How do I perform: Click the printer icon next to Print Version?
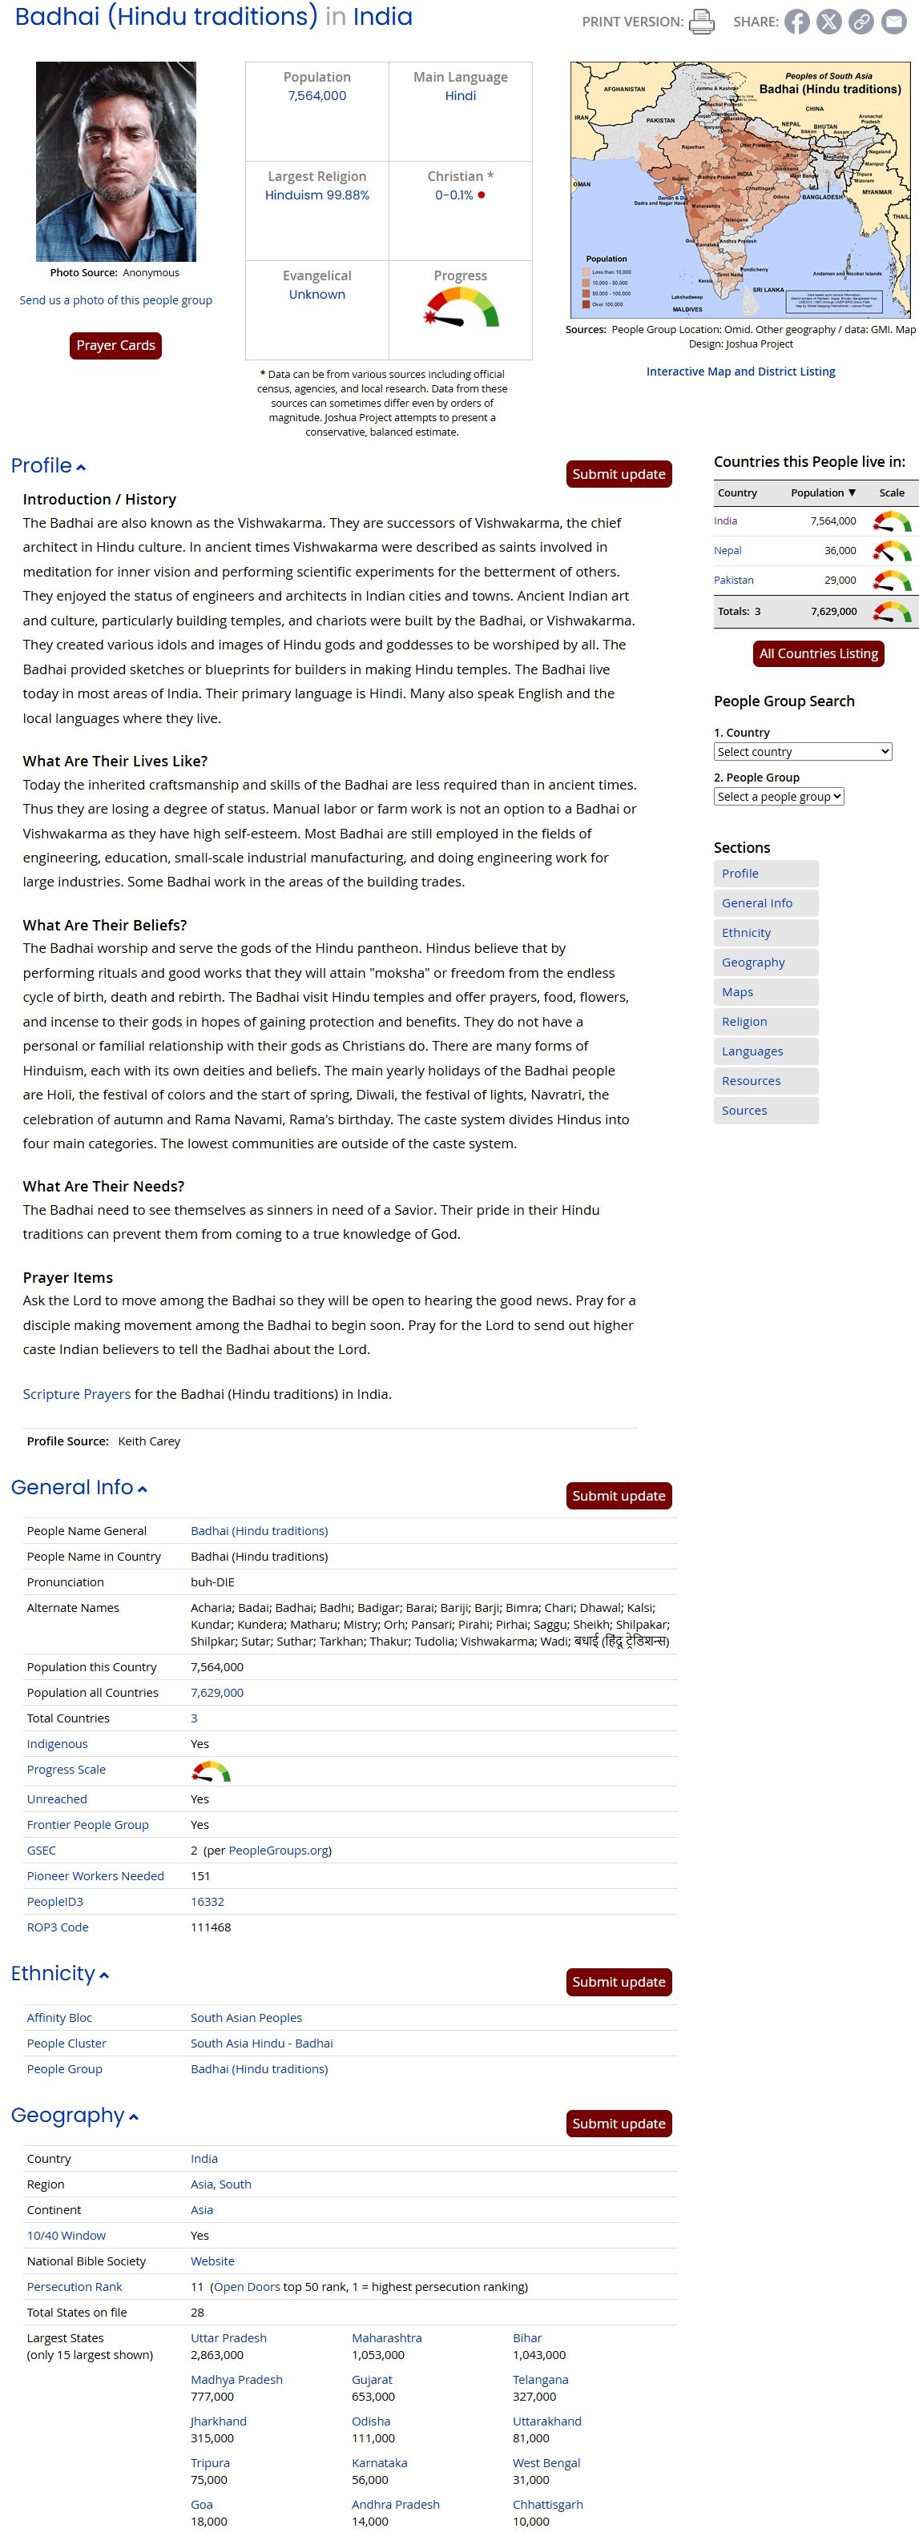701,21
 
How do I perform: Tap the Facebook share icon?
797,22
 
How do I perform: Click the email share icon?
893,22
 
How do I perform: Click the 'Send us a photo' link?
115,300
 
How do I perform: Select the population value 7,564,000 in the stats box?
316,95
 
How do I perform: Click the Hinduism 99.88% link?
316,195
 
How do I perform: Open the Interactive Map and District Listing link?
740,371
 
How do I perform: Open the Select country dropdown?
802,751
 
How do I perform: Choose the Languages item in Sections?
752,1051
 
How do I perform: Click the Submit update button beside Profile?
619,473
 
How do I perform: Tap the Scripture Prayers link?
77,1394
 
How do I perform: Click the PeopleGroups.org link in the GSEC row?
279,1850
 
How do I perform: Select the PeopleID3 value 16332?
207,1901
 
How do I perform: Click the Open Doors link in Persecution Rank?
246,2286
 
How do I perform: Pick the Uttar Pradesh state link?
228,2337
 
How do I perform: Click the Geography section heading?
68,2115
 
